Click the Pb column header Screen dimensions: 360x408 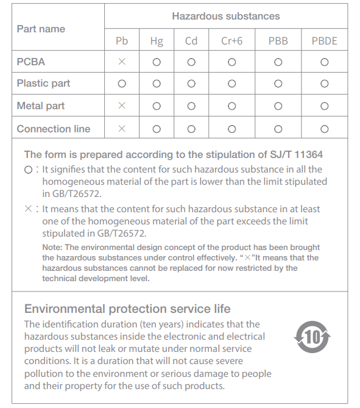pyautogui.click(x=122, y=41)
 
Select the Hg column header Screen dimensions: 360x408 pyautogui.click(x=157, y=41)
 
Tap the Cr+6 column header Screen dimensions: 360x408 pyautogui.click(x=231, y=41)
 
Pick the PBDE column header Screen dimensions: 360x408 pyautogui.click(x=324, y=41)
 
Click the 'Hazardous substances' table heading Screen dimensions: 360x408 pyautogui.click(x=225, y=16)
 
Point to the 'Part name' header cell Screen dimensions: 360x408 pyautogui.click(x=41, y=29)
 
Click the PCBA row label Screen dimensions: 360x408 pyautogui.click(x=31, y=62)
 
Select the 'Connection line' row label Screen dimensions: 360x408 pyautogui.click(x=54, y=129)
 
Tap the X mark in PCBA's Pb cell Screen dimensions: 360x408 pyautogui.click(x=122, y=62)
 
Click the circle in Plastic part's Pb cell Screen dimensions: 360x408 pyautogui.click(x=122, y=84)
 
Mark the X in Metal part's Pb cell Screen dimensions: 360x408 pyautogui.click(x=122, y=106)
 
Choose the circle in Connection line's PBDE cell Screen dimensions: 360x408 pyautogui.click(x=324, y=129)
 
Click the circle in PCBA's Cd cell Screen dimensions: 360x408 pyautogui.click(x=191, y=62)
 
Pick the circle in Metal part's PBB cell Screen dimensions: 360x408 pyautogui.click(x=278, y=106)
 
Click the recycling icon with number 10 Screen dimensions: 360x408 pyautogui.click(x=312, y=337)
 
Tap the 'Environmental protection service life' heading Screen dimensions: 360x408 pyautogui.click(x=127, y=309)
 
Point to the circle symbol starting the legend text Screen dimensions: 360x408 pyautogui.click(x=28, y=170)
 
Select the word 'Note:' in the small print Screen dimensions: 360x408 pyautogui.click(x=53, y=247)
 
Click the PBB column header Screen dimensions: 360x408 pyautogui.click(x=278, y=41)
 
